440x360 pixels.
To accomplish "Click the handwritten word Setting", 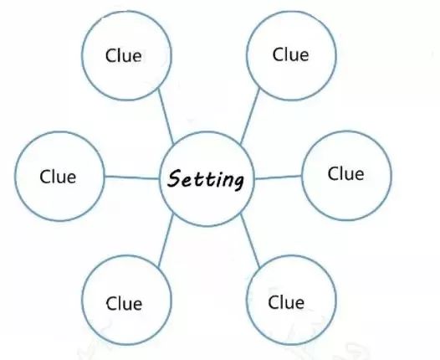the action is click(x=206, y=179).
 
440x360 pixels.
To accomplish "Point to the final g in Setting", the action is click(x=238, y=182).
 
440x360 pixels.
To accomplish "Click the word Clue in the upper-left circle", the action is click(x=124, y=55).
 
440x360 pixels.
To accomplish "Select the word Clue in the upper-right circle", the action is click(x=290, y=54).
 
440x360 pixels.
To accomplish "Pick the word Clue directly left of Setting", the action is click(x=58, y=177).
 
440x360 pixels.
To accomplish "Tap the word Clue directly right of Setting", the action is click(x=345, y=173).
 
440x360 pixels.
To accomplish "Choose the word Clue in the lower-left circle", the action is click(x=124, y=304).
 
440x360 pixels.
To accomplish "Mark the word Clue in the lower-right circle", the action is click(x=286, y=302).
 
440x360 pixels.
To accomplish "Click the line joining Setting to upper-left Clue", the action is click(x=166, y=116).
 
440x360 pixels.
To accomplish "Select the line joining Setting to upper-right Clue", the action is click(x=250, y=116).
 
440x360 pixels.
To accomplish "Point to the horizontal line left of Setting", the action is click(x=132, y=177).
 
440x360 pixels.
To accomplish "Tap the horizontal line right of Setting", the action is click(x=278, y=177).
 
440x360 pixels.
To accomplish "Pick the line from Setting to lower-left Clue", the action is click(x=166, y=240).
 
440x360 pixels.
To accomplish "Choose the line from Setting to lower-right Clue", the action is click(x=250, y=240).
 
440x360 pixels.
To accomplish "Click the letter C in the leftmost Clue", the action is click(x=45, y=177).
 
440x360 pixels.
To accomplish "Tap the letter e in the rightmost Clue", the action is click(x=358, y=175).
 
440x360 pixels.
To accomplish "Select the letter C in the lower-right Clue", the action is click(x=274, y=302).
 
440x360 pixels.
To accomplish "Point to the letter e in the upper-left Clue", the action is click(x=136, y=57).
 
